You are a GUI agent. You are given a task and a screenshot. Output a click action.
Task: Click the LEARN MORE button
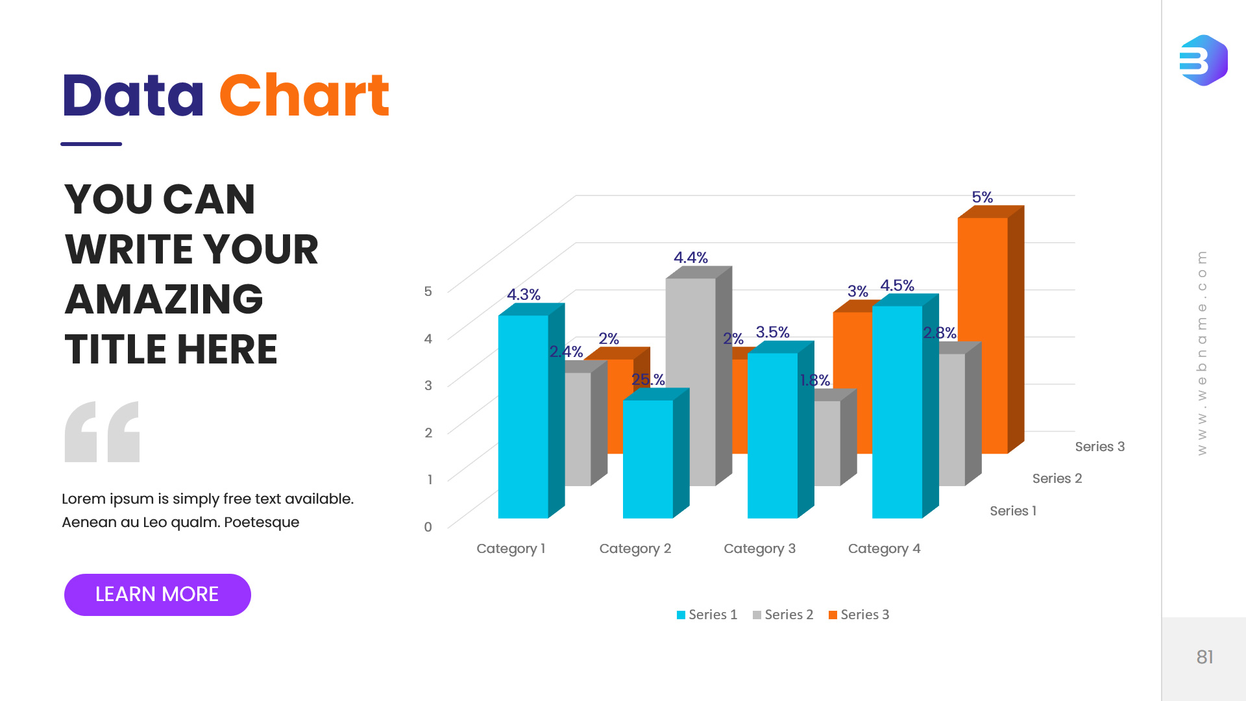(157, 595)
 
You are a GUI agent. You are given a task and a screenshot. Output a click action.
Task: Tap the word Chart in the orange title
(304, 96)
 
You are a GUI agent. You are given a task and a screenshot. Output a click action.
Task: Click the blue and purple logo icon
(1203, 60)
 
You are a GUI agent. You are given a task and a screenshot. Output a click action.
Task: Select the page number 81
(1204, 657)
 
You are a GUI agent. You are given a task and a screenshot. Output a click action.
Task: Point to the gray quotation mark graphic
(102, 432)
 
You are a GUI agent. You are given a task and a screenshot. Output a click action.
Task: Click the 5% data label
(982, 197)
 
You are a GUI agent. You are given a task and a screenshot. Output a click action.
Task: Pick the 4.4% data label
(690, 258)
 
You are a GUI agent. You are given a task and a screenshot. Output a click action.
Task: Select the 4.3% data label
(523, 295)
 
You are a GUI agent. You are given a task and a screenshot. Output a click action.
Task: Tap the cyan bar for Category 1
(523, 415)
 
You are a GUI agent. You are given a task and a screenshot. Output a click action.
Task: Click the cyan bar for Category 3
(772, 435)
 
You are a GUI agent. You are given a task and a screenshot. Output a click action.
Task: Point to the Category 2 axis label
(635, 548)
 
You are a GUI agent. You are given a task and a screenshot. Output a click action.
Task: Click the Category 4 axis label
(884, 548)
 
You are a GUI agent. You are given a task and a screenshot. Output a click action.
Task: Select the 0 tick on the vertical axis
(428, 527)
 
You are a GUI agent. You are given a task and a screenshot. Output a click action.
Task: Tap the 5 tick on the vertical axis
(428, 291)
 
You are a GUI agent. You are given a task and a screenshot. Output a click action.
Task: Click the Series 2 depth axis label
(1057, 478)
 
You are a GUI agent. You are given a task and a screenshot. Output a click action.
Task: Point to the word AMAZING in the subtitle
(164, 299)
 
